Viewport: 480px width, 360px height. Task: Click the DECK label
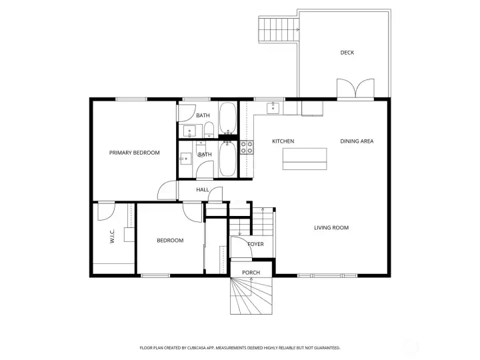pyautogui.click(x=347, y=53)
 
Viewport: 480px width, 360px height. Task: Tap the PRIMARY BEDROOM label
pyautogui.click(x=135, y=153)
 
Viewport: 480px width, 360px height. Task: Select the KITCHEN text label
pyautogui.click(x=283, y=141)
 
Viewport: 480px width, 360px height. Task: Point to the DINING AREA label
pyautogui.click(x=357, y=141)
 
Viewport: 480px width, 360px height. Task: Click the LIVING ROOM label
pyautogui.click(x=331, y=228)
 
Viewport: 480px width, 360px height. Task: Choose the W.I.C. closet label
pyautogui.click(x=112, y=236)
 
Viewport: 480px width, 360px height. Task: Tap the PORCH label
pyautogui.click(x=251, y=273)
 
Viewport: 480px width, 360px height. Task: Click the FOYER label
pyautogui.click(x=255, y=244)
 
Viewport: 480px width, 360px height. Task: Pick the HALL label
pyautogui.click(x=203, y=190)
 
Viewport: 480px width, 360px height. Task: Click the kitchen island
pyautogui.click(x=305, y=159)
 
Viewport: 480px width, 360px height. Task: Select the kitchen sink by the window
pyautogui.click(x=273, y=108)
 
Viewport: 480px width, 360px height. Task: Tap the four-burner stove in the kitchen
pyautogui.click(x=247, y=147)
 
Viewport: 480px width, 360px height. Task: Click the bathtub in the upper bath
pyautogui.click(x=228, y=118)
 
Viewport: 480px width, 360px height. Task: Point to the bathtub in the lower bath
pyautogui.click(x=228, y=159)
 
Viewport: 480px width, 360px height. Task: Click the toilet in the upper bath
pyautogui.click(x=209, y=129)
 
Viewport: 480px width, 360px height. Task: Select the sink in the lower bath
pyautogui.click(x=185, y=159)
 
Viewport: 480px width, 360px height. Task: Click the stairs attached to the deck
pyautogui.click(x=278, y=30)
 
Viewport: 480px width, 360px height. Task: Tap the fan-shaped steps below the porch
pyautogui.click(x=251, y=296)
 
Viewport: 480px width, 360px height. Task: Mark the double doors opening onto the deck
pyautogui.click(x=355, y=89)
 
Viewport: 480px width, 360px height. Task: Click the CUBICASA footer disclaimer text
pyautogui.click(x=240, y=348)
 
